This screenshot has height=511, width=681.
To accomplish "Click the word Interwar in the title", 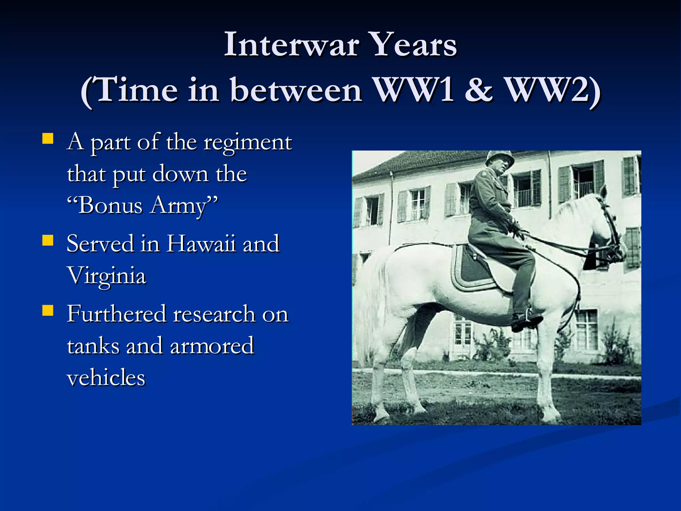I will point(291,45).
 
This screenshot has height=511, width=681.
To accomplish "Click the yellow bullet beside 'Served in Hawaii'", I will point(48,240).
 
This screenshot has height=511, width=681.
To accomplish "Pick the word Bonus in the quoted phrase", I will point(110,206).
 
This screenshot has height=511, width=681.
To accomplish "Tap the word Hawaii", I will point(201,244).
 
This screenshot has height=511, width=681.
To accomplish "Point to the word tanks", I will point(93,346).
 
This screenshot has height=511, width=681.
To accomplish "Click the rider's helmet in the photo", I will point(499,158).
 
